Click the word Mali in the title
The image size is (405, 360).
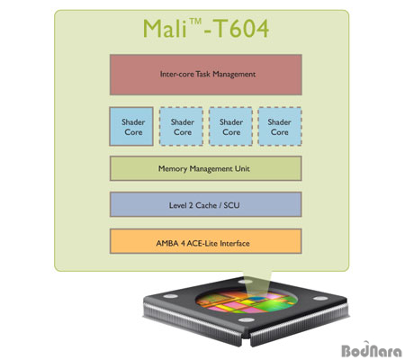point(165,28)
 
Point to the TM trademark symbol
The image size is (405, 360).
point(195,22)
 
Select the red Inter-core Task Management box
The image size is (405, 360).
point(206,75)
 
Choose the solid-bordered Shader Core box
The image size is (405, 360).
point(131,126)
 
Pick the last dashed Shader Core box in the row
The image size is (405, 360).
point(280,126)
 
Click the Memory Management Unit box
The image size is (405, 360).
point(206,168)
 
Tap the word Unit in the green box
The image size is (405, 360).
point(242,168)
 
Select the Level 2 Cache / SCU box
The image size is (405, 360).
point(206,204)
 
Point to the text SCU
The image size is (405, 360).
point(231,205)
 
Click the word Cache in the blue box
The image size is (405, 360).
point(206,205)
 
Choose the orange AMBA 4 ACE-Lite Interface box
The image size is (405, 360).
point(206,241)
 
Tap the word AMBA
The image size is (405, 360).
point(167,243)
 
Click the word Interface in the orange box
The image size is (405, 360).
point(235,243)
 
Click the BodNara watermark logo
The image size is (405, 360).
point(372,349)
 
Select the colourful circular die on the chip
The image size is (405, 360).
point(247,301)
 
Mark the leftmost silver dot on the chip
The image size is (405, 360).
point(171,296)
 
